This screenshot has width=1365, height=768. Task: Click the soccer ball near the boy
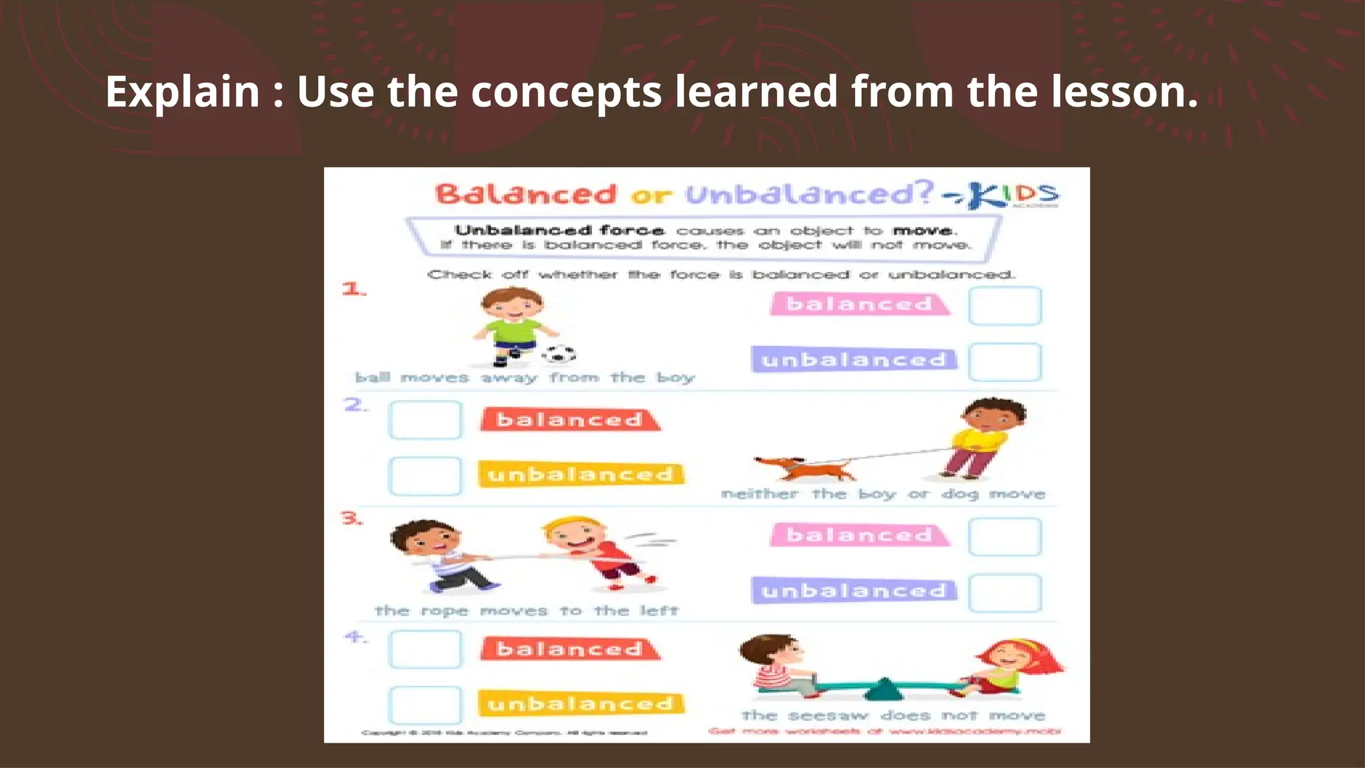[559, 354]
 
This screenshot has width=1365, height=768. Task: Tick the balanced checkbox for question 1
[1004, 306]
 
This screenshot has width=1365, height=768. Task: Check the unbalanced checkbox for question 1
[1004, 362]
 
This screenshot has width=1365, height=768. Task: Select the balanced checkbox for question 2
[425, 420]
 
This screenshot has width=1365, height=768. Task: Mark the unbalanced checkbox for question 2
[425, 476]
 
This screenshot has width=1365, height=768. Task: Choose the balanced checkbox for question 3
[1004, 537]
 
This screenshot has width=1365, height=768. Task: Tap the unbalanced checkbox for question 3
[1004, 593]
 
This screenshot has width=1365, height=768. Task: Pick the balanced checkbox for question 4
[425, 649]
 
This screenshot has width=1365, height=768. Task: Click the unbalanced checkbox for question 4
[425, 705]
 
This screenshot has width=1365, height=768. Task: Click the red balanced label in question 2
[570, 420]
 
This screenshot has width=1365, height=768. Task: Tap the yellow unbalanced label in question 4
[581, 704]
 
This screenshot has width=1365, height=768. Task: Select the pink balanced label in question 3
[859, 535]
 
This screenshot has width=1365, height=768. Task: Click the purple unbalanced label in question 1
[854, 360]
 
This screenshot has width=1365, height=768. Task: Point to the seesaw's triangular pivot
[884, 689]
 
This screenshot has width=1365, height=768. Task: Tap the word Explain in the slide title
[182, 92]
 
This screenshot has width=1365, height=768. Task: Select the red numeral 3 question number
[351, 518]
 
